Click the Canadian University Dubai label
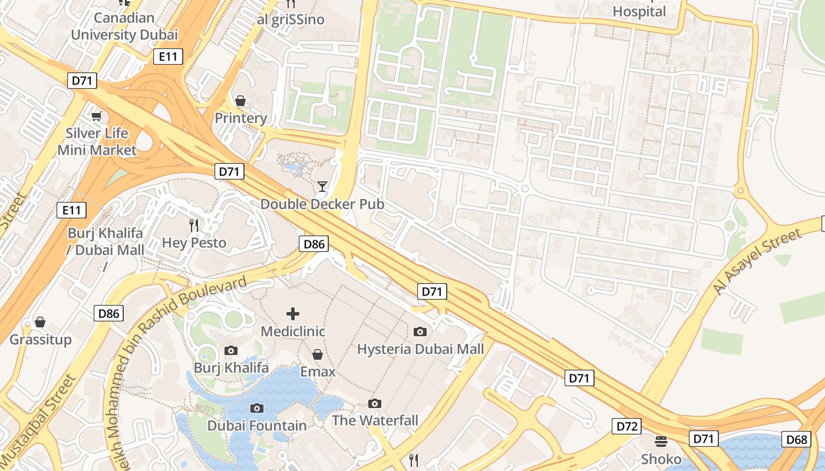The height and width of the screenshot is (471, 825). [124, 26]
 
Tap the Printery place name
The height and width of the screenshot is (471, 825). [240, 118]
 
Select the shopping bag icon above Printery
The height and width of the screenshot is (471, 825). [240, 101]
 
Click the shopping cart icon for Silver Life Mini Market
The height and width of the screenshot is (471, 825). [97, 116]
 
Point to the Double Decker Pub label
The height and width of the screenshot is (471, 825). [322, 204]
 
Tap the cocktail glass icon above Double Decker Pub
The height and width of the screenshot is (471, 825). [322, 187]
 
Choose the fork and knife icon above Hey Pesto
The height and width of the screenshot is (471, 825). [194, 225]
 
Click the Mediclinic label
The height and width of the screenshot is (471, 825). [293, 331]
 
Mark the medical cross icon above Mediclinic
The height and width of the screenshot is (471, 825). [293, 314]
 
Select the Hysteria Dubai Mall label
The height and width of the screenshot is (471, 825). [420, 349]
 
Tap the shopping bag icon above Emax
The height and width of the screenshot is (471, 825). [318, 354]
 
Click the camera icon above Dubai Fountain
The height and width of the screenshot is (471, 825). [257, 408]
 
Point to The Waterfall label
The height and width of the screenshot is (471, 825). [375, 420]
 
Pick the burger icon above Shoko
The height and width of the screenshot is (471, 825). [661, 442]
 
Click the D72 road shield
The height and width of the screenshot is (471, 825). [626, 426]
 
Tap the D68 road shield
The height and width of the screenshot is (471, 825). [796, 439]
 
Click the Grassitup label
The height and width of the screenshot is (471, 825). [40, 340]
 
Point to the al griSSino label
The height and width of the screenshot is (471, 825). [291, 19]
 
